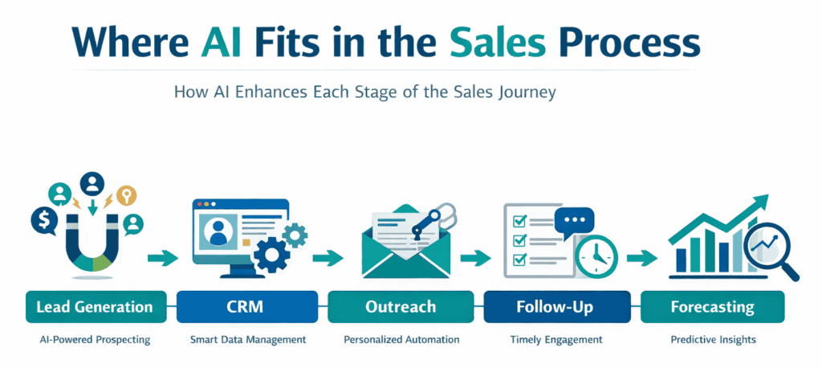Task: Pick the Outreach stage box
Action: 401,307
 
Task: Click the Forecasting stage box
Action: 713,307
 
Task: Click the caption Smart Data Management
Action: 249,340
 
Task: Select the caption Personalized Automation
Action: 401,340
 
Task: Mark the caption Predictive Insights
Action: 713,340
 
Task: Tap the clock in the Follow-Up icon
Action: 595,255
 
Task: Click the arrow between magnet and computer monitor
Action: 161,258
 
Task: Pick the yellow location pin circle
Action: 125,196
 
